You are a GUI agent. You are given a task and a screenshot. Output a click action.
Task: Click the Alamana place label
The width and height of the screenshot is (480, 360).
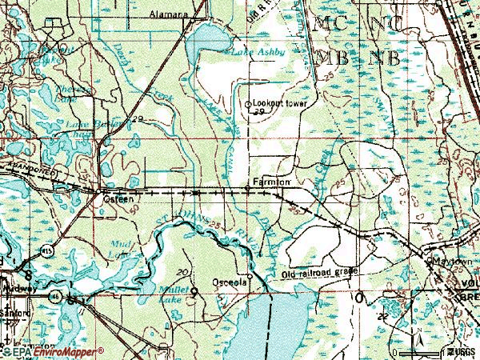(x=168, y=14)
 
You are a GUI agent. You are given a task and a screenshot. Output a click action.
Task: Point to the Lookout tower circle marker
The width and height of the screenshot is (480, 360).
(x=248, y=104)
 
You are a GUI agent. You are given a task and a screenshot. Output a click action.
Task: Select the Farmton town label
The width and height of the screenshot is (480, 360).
(x=270, y=182)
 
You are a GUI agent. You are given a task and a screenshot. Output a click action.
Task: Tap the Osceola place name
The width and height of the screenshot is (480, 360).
(x=234, y=282)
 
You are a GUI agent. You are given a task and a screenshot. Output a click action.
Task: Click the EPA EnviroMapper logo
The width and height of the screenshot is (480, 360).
(x=37, y=351)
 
